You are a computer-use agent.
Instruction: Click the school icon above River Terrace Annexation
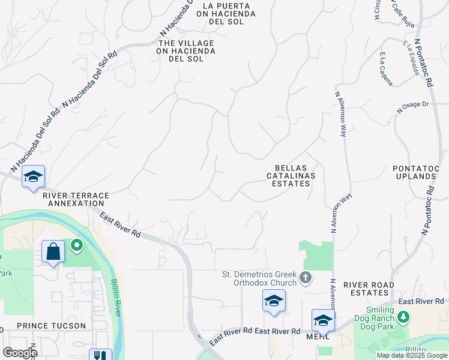click(x=34, y=176)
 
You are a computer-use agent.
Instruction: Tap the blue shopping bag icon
click(x=53, y=251)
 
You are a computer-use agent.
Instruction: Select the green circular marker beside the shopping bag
click(x=76, y=245)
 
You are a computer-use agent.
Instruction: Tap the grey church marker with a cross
click(x=306, y=278)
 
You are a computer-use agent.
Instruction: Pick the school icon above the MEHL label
click(x=322, y=320)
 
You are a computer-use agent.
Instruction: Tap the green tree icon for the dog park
click(x=405, y=316)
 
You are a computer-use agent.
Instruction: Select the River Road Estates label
click(x=369, y=289)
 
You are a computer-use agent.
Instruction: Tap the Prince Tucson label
click(x=51, y=325)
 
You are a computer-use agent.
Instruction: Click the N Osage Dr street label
click(x=413, y=107)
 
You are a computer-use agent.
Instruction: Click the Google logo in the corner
click(x=20, y=352)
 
